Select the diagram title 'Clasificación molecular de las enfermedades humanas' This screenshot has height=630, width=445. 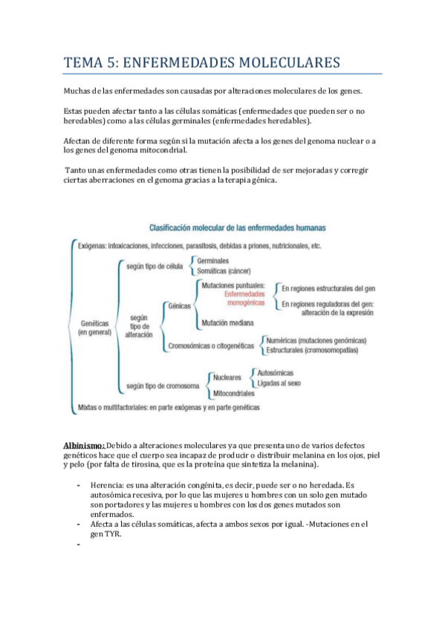click(237, 228)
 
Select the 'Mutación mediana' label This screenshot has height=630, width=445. click(227, 323)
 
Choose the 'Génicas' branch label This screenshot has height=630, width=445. click(180, 305)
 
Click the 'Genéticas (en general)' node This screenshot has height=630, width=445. click(94, 328)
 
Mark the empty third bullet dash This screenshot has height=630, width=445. click(77, 546)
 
